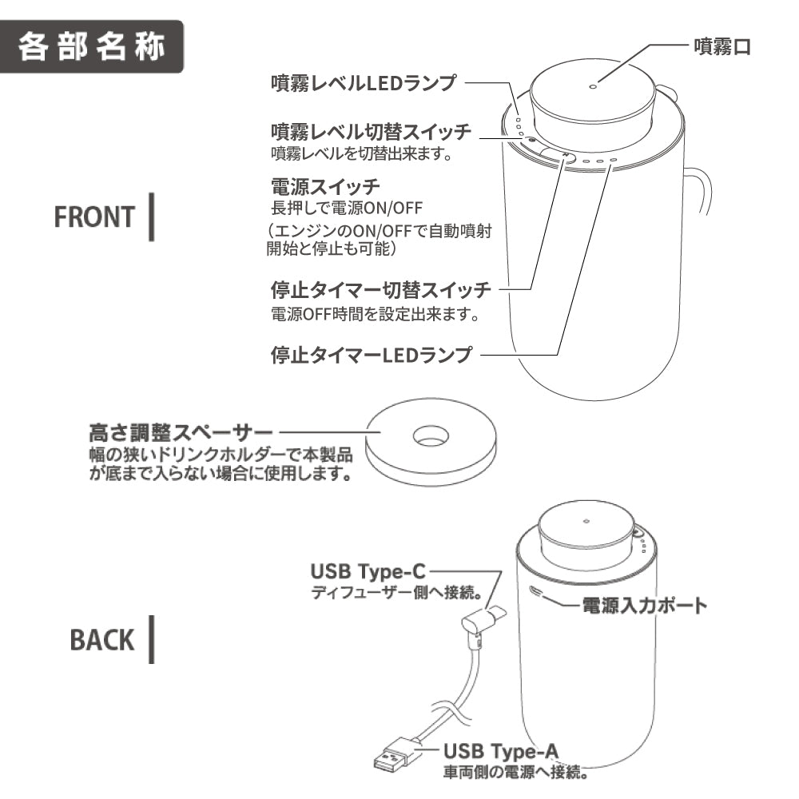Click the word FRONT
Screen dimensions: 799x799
[x=95, y=217]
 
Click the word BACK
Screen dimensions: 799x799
[x=102, y=640]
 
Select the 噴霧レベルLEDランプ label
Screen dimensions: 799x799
[x=364, y=83]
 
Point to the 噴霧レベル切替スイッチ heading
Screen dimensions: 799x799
[x=371, y=131]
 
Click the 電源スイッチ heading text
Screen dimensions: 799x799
[x=324, y=189]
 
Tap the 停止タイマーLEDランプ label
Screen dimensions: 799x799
[x=372, y=353]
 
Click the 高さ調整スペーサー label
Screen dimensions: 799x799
[x=181, y=434]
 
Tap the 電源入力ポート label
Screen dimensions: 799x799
[x=643, y=605]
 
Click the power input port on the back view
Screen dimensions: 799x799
[x=535, y=593]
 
